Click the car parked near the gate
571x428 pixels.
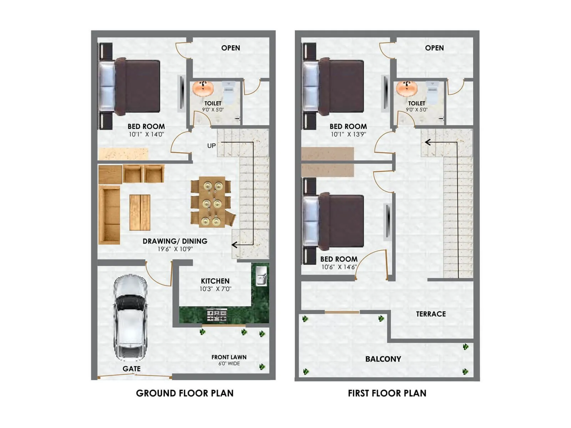(x=130, y=317)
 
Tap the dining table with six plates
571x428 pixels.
(x=212, y=202)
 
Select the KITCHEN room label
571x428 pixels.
(x=215, y=281)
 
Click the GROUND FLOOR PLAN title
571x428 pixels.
(x=185, y=393)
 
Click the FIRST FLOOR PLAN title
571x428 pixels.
(x=387, y=393)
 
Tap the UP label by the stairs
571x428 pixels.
(x=211, y=146)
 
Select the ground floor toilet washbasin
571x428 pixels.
(x=203, y=88)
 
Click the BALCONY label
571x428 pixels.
(x=383, y=359)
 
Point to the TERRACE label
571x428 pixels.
(x=431, y=314)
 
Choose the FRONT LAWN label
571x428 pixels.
(x=229, y=357)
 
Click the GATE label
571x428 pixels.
(x=131, y=369)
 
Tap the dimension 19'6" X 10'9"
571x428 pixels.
(x=175, y=249)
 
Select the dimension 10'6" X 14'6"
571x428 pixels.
(x=339, y=267)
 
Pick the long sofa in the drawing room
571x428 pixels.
(x=109, y=215)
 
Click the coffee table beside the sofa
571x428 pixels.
(x=140, y=212)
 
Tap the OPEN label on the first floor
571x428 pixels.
(x=434, y=48)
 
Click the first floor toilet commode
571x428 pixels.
(x=432, y=92)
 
